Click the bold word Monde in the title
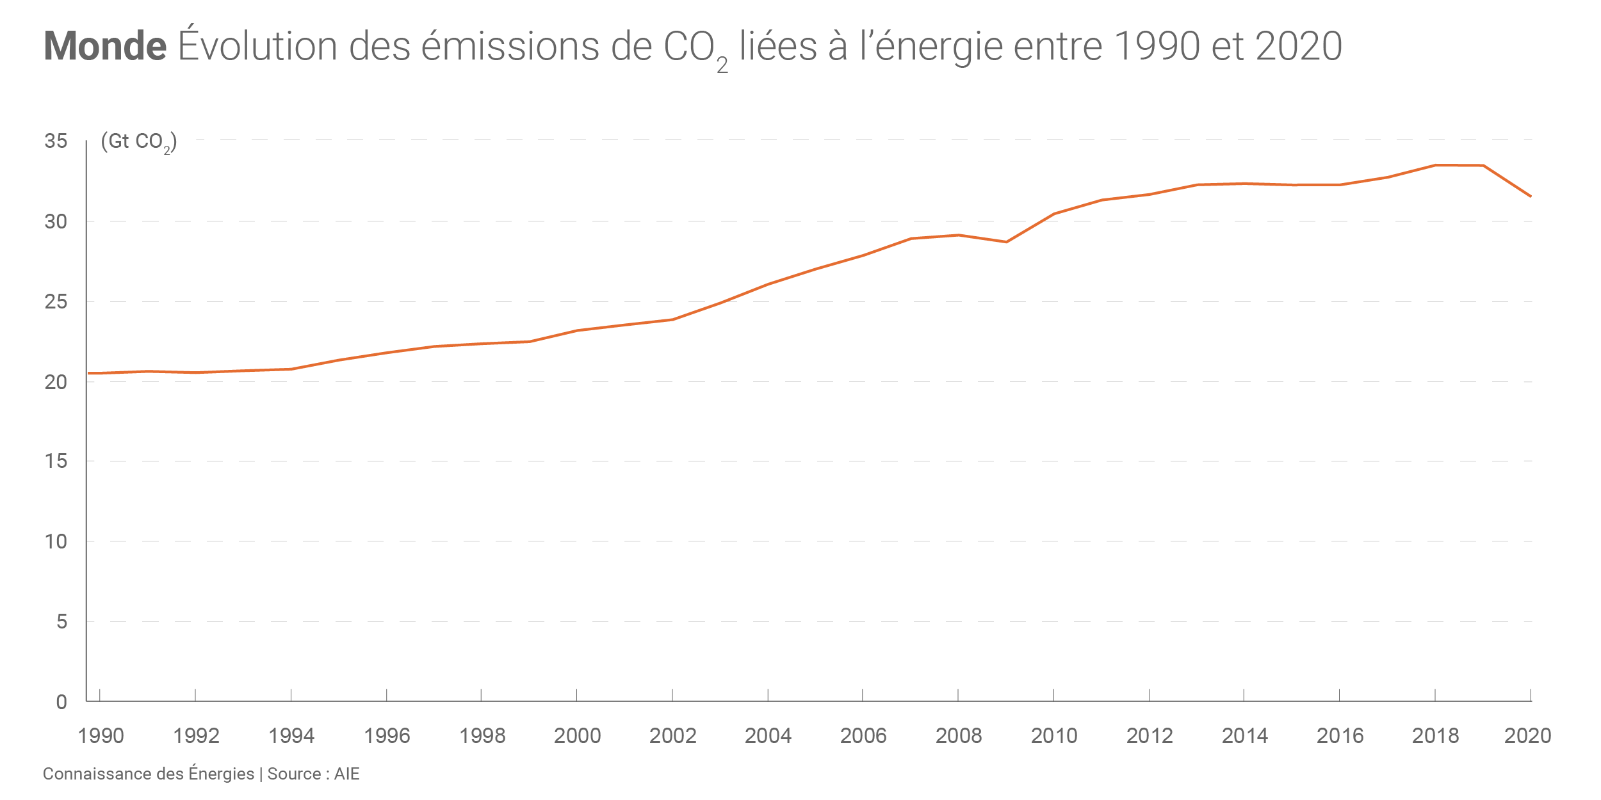[105, 46]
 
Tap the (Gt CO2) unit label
[138, 141]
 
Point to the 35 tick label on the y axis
[56, 141]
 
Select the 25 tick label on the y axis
[56, 301]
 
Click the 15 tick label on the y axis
[56, 461]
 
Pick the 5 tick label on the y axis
[61, 621]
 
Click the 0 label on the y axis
[61, 702]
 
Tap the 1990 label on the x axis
[101, 736]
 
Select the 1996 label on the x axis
[387, 736]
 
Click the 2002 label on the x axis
[672, 736]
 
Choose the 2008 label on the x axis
[959, 736]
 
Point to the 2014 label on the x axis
[1244, 736]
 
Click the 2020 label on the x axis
[1527, 736]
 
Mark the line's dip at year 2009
[1006, 242]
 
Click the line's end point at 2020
[1531, 196]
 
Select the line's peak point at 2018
[1435, 165]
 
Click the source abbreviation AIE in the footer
[346, 774]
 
